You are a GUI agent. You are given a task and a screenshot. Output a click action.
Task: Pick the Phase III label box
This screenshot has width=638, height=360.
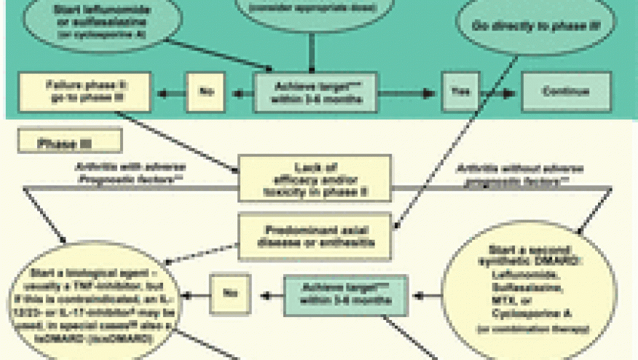click(70, 143)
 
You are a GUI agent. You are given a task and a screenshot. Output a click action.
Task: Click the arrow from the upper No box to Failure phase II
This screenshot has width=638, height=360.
click(171, 93)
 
